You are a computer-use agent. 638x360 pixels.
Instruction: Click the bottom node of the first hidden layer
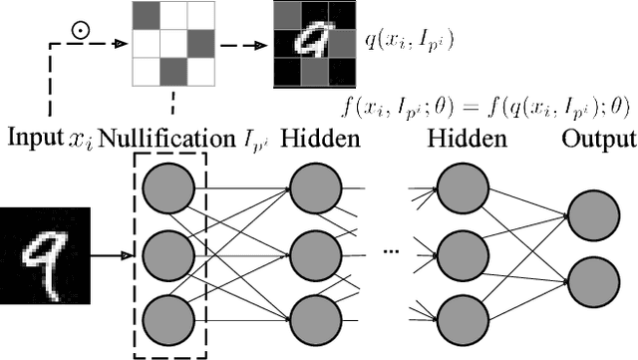pyautogui.click(x=315, y=316)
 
